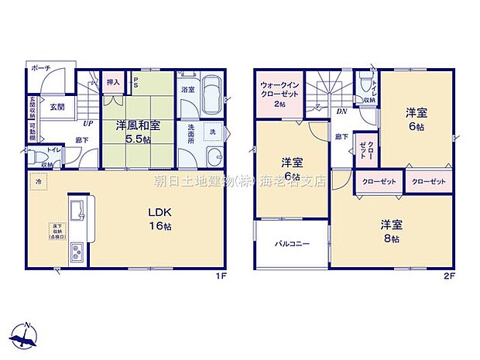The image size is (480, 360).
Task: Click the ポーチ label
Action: [x=41, y=69]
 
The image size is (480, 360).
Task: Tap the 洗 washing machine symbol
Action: [x=212, y=132]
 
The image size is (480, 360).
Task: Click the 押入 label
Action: [x=112, y=82]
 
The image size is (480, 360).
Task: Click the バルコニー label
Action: [x=293, y=245]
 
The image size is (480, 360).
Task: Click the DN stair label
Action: [x=341, y=111]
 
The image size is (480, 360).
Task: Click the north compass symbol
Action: [x=26, y=334]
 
